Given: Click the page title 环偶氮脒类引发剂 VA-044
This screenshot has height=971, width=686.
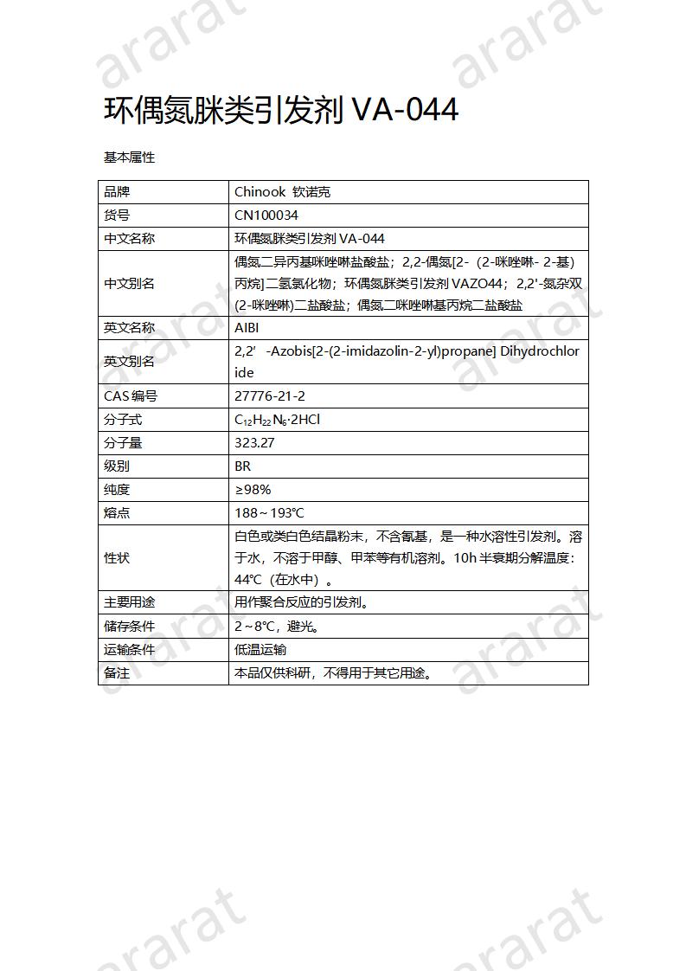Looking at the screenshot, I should pos(281,112).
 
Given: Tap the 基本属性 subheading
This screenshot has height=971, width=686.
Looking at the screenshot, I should pos(129,158).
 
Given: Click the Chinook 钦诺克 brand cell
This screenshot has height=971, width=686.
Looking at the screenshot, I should pos(282,192).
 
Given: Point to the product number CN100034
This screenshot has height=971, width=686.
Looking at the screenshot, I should pos(266,215).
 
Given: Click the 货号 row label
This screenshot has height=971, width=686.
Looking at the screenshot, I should pos(117,215).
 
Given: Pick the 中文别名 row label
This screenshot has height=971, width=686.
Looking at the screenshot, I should pos(129,284).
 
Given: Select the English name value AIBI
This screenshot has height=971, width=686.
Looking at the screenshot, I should pos(247,328).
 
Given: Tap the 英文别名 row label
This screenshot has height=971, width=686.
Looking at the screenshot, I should pos(129,362).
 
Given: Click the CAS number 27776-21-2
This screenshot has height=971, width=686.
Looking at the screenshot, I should pos(270,396).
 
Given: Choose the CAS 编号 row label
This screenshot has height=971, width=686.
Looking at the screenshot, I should pos(131,396).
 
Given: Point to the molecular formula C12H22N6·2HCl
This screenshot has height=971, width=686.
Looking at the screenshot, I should pos(278,420).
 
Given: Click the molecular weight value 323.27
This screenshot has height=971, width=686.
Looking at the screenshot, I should pos(254,443).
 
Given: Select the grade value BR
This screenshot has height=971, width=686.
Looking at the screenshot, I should pos(242,466).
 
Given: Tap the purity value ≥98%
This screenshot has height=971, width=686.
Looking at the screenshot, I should pos(253,490).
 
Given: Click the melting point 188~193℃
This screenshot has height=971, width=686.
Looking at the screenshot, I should pos(269,513).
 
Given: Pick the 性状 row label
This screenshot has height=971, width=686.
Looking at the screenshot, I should pos(117,558).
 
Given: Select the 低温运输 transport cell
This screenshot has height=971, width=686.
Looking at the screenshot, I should pos(260,649).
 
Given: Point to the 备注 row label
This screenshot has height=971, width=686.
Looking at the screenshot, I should pos(117,672).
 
